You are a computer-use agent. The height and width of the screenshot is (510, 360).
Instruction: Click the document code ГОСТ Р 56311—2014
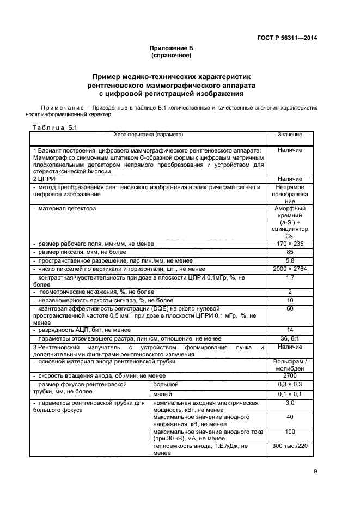tap(286, 38)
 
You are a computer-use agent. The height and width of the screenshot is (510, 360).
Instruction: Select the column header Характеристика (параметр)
tap(148, 135)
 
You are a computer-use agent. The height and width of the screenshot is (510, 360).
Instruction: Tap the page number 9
tap(315, 472)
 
